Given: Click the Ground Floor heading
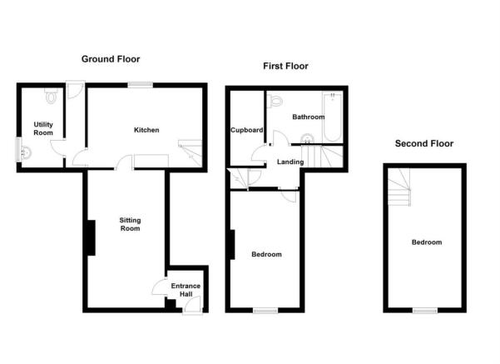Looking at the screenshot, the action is (x=111, y=59).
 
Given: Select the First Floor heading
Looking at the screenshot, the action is (x=285, y=66).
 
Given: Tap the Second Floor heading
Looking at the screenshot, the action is (x=424, y=143).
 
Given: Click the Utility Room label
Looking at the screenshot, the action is (x=43, y=128).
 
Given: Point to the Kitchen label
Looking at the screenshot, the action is (x=146, y=130).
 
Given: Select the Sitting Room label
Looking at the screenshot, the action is (x=130, y=224).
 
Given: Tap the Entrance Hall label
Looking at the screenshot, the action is (x=186, y=290).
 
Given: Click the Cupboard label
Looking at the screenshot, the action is (x=247, y=130).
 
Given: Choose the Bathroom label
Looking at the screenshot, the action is (x=309, y=117).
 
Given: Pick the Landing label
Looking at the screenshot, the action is (x=290, y=162).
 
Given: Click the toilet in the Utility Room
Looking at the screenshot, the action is (x=51, y=96).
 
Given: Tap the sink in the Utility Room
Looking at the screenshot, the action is (x=26, y=152).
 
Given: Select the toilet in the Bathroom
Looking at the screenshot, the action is (x=275, y=101).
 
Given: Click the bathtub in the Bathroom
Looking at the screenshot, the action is (x=332, y=117).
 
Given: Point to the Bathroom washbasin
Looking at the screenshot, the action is (x=307, y=138).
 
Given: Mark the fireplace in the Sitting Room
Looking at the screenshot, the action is (x=92, y=237).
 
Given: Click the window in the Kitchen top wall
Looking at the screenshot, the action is (x=141, y=85).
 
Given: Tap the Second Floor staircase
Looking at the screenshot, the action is (x=399, y=187).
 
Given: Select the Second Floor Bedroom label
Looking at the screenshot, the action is (x=427, y=242).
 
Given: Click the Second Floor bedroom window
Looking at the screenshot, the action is (x=425, y=311).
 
